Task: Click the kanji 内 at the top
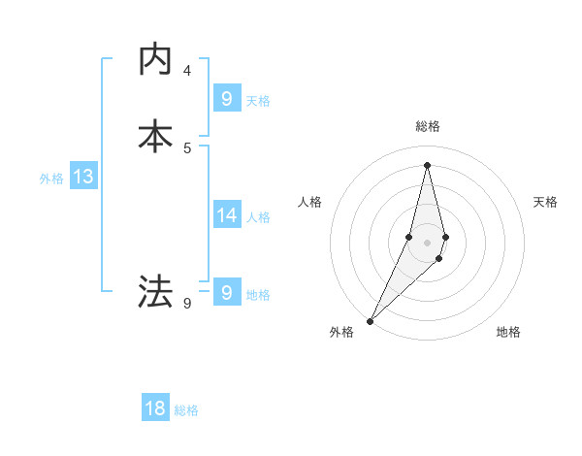[156, 59]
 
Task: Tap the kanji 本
[156, 135]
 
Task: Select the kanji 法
[156, 290]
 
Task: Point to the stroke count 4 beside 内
[187, 71]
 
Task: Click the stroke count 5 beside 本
[187, 147]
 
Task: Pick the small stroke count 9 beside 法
[187, 304]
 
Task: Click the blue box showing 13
[82, 178]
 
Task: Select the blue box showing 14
[226, 215]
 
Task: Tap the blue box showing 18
[155, 408]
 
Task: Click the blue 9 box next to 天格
[226, 98]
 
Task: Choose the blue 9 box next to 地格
[226, 292]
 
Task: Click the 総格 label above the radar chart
[427, 126]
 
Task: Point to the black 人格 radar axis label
[309, 202]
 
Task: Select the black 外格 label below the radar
[341, 333]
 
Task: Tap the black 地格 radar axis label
[508, 333]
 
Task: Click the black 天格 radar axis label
[545, 202]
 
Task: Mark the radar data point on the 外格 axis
[370, 320]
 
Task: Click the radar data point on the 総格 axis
[427, 164]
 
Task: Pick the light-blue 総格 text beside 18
[186, 410]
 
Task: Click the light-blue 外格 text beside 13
[51, 179]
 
